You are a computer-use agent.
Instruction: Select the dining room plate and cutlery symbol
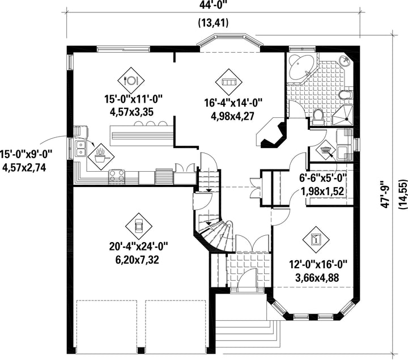click(131, 81)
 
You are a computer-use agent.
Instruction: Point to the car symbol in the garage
click(137, 226)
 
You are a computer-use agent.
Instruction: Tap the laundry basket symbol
click(325, 150)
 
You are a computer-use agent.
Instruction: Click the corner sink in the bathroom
click(345, 60)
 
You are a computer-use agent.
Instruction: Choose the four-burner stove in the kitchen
click(117, 176)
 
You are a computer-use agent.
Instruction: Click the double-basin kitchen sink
click(80, 149)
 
